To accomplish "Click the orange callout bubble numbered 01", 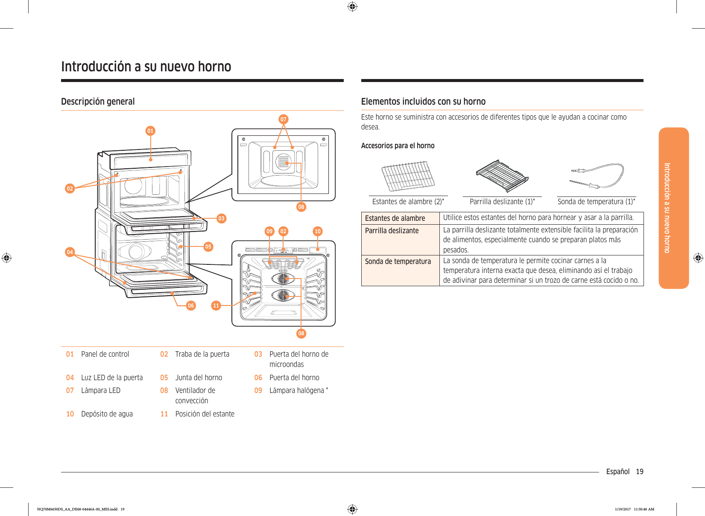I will pyautogui.click(x=150, y=131).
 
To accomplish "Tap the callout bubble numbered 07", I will pyautogui.click(x=284, y=119).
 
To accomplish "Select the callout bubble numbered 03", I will pyautogui.click(x=221, y=218).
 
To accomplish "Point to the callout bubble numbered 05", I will pyautogui.click(x=208, y=246).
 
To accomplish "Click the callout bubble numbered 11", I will pyautogui.click(x=216, y=305).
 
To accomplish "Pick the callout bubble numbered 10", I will pyautogui.click(x=318, y=231).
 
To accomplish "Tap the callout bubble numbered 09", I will pyautogui.click(x=269, y=231).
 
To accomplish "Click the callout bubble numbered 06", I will pyautogui.click(x=191, y=305).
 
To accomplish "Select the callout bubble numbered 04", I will pyautogui.click(x=70, y=252).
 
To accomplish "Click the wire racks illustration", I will pyautogui.click(x=408, y=176).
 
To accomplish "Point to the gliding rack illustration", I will pyautogui.click(x=502, y=176).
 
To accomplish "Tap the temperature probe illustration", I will pyautogui.click(x=597, y=176).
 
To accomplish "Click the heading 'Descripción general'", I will pyautogui.click(x=98, y=102).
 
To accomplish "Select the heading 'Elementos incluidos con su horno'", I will pyautogui.click(x=423, y=102).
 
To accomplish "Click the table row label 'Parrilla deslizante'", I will pyautogui.click(x=392, y=231).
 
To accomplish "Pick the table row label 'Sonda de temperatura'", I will pyautogui.click(x=398, y=261).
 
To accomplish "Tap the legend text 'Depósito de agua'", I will pyautogui.click(x=107, y=414).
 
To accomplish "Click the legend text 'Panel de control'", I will pyautogui.click(x=105, y=354).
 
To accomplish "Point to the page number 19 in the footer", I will pyautogui.click(x=639, y=472).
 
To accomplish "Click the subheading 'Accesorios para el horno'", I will pyautogui.click(x=398, y=146).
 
